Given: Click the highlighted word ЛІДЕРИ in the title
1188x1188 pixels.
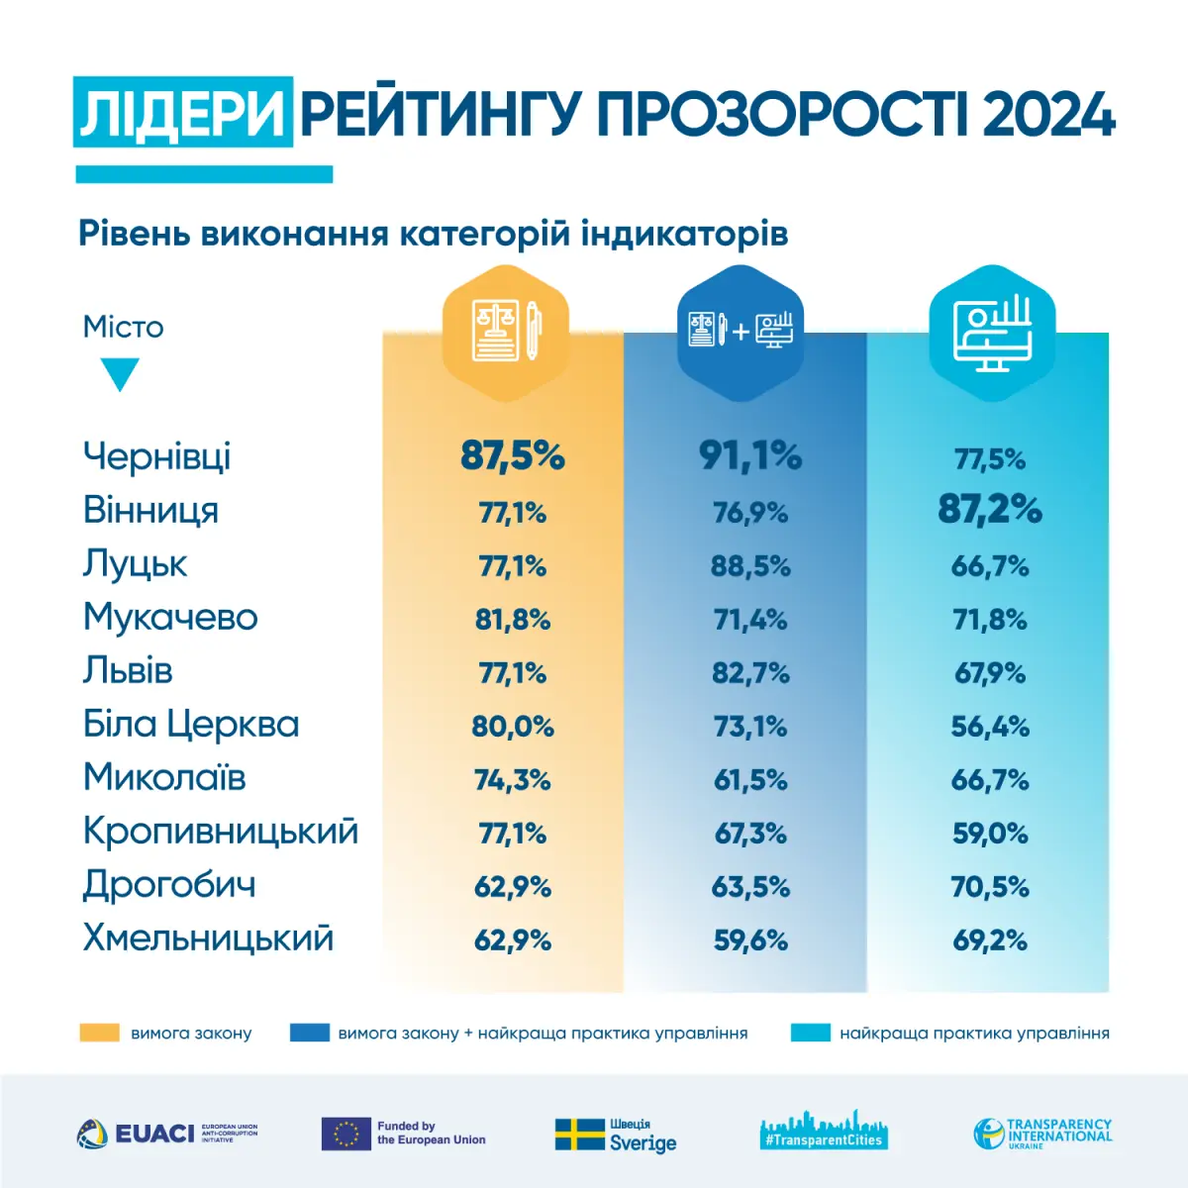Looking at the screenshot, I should (183, 113).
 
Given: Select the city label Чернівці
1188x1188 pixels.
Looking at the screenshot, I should (156, 456).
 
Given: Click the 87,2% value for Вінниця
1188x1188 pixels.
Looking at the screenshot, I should (990, 510).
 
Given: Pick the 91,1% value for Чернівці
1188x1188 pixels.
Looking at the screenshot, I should (750, 456).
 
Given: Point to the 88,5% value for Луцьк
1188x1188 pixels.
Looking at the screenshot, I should (750, 566).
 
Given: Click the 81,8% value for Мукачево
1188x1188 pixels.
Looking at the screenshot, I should (513, 620).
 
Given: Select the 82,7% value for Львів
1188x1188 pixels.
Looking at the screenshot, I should (750, 673).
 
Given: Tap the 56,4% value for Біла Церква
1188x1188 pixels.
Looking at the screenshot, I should (990, 727).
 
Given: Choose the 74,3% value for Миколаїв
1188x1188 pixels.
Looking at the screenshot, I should (513, 780).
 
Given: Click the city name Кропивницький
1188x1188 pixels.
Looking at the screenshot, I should (220, 832).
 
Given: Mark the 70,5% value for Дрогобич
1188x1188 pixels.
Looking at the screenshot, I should (990, 887).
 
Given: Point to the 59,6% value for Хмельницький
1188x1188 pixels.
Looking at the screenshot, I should (750, 940).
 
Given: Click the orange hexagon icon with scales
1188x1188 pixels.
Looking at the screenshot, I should (506, 331).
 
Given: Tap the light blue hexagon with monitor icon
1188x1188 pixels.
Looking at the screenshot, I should (992, 331).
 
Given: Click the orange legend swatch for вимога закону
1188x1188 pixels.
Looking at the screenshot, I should (99, 1033).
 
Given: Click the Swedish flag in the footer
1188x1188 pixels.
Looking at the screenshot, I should (579, 1135).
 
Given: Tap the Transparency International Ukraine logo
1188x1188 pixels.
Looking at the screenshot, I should (1042, 1134).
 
